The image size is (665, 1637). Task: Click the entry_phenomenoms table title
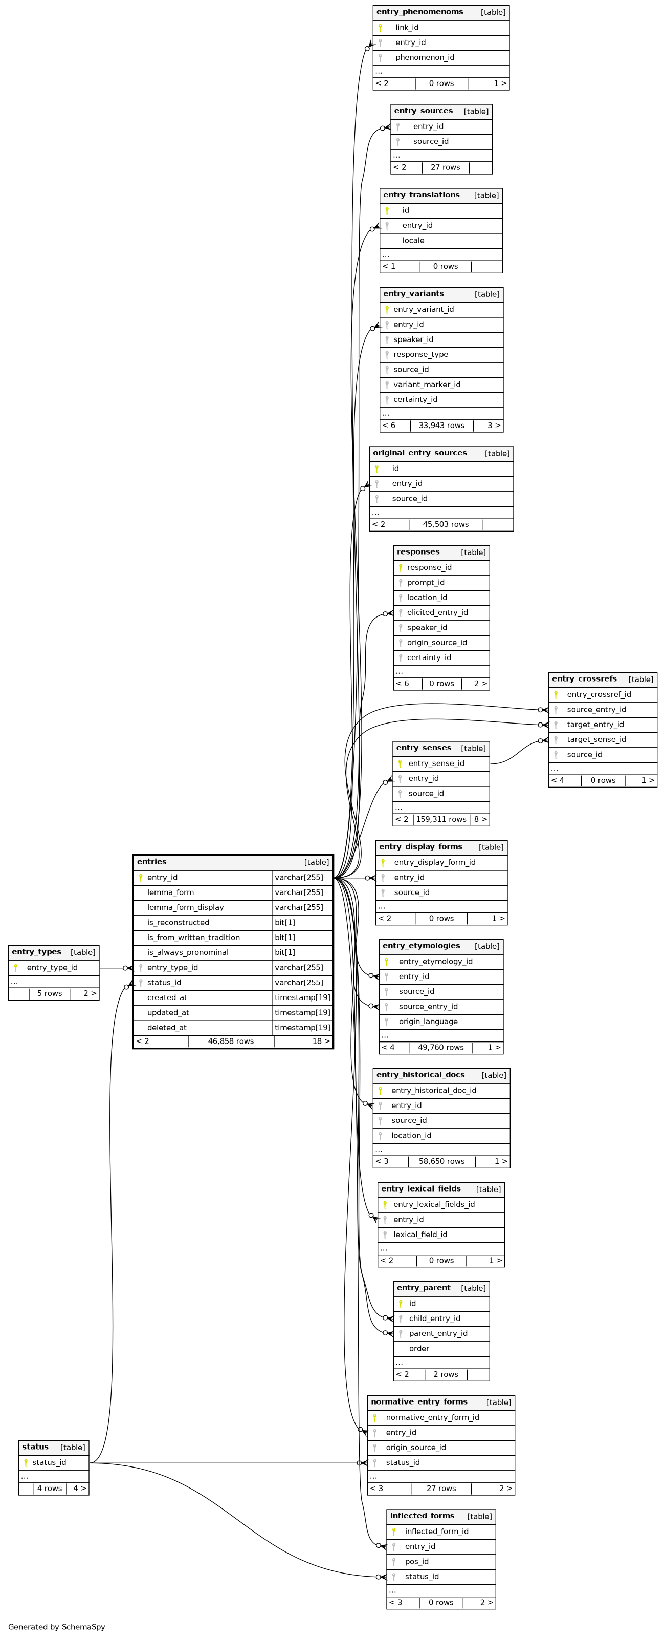coord(419,12)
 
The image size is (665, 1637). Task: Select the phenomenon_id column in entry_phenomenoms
coord(424,58)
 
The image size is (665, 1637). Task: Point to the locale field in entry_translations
coord(413,241)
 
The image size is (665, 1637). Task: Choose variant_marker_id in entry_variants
coord(426,385)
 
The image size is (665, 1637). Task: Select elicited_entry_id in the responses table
coord(437,612)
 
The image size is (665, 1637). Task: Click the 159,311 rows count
coord(441,820)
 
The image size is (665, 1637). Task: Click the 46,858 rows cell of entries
coord(231,1041)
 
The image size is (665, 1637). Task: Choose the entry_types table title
coord(36,952)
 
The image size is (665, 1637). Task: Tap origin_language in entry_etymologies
coord(428,1022)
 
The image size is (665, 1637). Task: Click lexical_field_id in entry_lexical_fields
coord(420,1235)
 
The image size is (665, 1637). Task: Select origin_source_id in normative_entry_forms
coord(415,1448)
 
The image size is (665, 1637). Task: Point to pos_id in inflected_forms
coord(417,1561)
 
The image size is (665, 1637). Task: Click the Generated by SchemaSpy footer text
coord(57,1627)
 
